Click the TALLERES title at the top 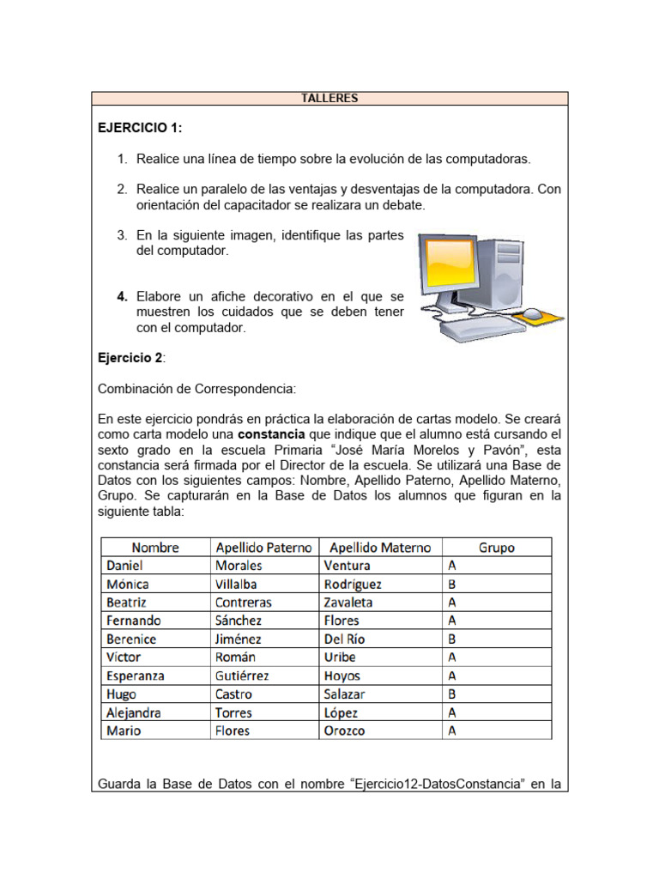click(329, 98)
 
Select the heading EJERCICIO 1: click(140, 128)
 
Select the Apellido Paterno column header click(263, 547)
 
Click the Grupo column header click(496, 547)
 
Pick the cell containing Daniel click(124, 566)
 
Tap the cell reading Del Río click(347, 639)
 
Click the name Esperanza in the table click(135, 676)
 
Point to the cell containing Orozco click(345, 730)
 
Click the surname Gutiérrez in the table click(242, 676)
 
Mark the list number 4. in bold click(123, 296)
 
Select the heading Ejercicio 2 click(130, 357)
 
